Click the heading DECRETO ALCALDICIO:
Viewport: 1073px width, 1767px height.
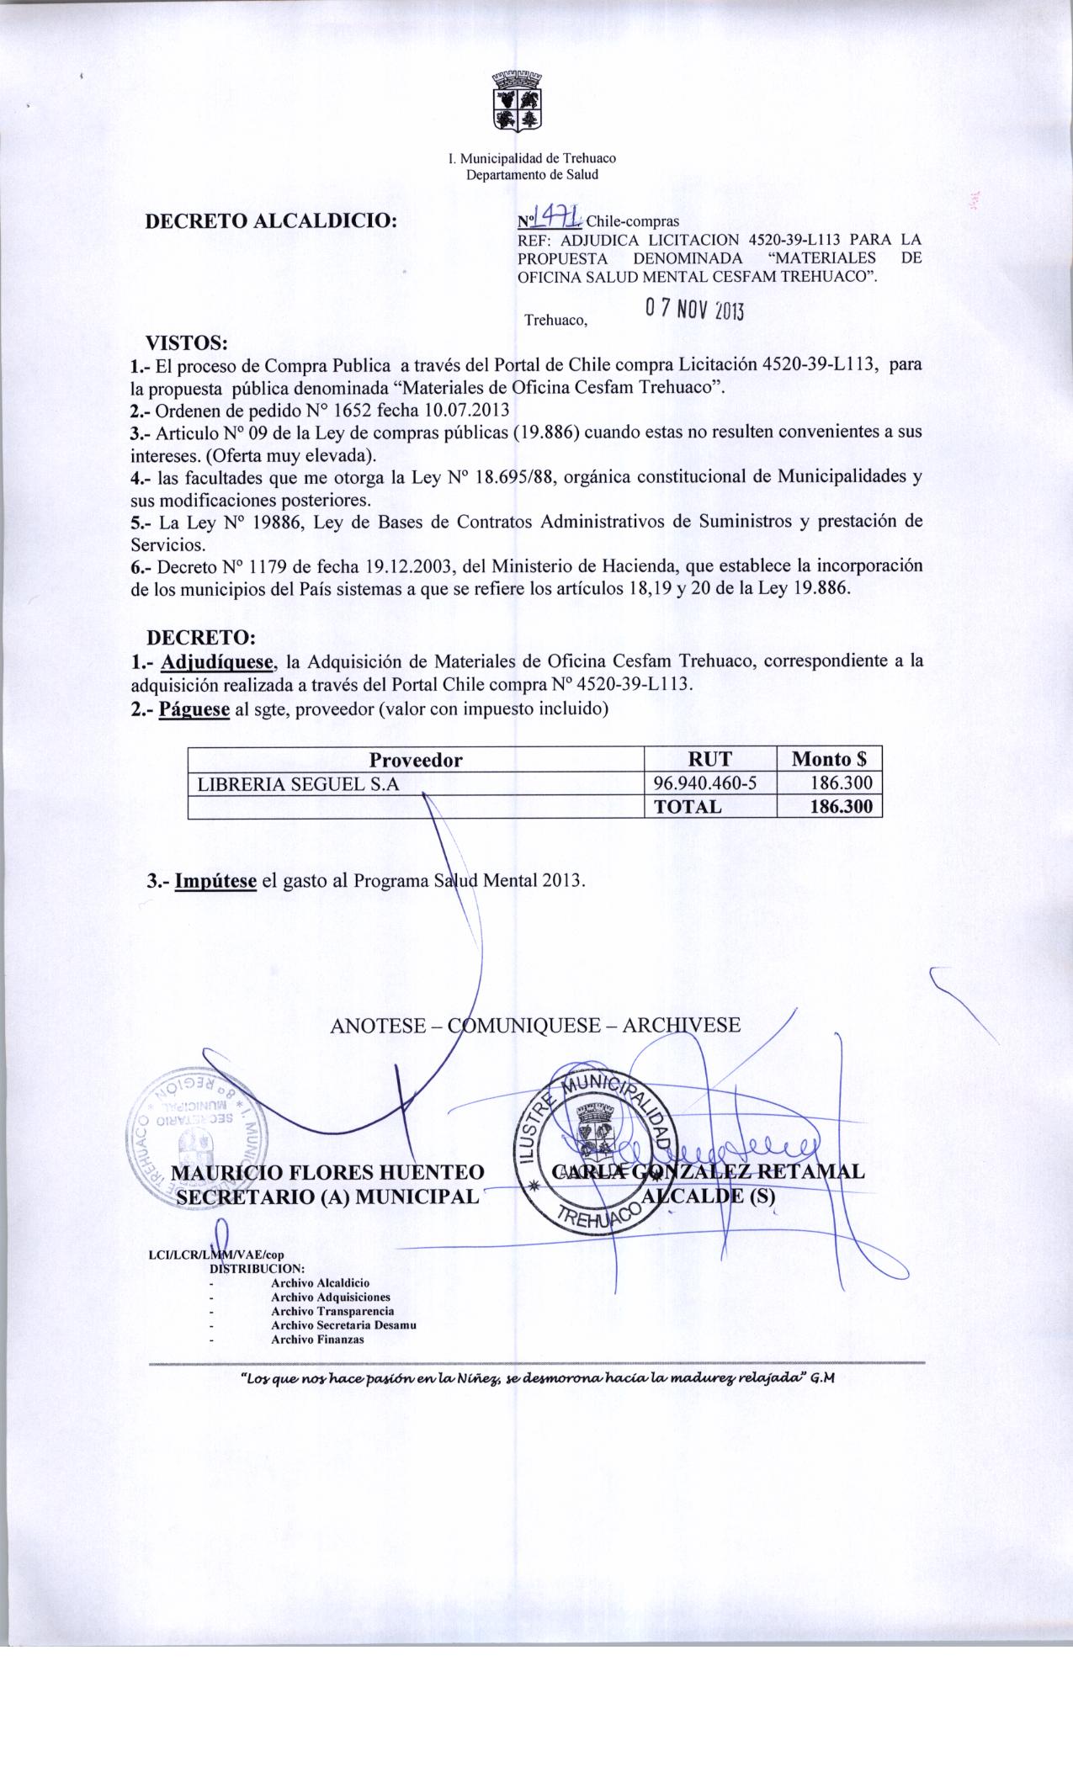(271, 221)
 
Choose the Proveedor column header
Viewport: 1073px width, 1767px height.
(416, 760)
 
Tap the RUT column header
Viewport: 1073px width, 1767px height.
(709, 760)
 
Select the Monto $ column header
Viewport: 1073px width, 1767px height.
(828, 760)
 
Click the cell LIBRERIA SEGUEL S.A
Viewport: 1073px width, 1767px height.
(297, 784)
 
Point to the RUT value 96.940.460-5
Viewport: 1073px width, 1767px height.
(705, 784)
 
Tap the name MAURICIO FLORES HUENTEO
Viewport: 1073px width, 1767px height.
(327, 1173)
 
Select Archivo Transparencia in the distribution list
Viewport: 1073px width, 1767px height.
(332, 1311)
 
